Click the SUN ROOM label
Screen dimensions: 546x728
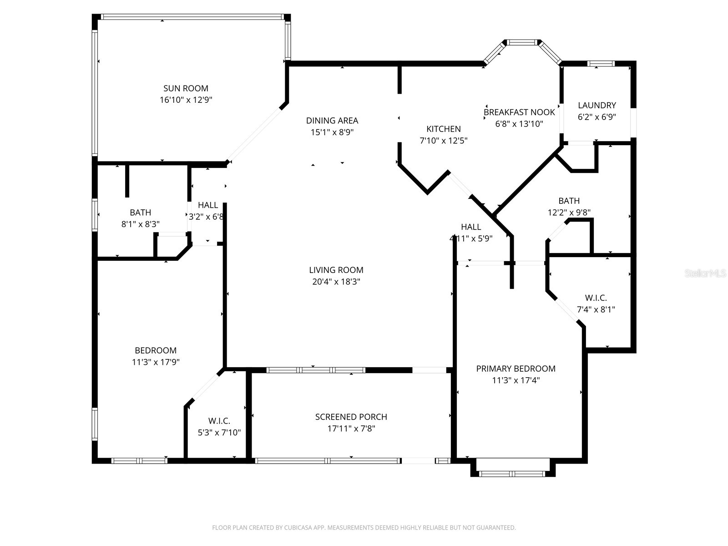click(186, 88)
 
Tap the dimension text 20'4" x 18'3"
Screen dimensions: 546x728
click(336, 282)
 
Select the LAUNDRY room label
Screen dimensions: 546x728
click(597, 105)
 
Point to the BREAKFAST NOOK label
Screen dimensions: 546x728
click(519, 112)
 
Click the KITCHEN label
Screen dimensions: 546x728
click(443, 129)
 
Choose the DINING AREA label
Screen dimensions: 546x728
click(332, 121)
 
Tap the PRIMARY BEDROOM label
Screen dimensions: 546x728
click(516, 369)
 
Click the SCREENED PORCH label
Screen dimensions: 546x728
click(351, 417)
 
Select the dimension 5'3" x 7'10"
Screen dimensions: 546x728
click(219, 433)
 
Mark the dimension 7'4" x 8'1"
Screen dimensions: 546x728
click(596, 309)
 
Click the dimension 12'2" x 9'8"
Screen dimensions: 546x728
click(569, 212)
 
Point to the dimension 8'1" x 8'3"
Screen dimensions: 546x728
click(140, 224)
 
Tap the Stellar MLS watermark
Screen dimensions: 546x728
click(705, 273)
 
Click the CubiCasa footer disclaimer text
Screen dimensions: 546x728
click(364, 528)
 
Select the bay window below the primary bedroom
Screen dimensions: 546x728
click(512, 474)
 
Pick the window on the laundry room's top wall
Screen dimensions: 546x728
click(601, 64)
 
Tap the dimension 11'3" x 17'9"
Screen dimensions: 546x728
click(155, 362)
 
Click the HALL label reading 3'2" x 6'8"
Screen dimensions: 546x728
click(208, 205)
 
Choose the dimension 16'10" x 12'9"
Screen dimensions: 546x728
click(186, 100)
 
